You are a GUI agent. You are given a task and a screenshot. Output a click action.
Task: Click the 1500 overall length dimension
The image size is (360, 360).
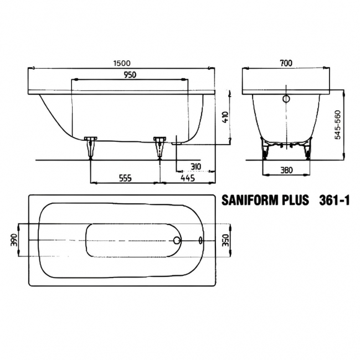[120, 64]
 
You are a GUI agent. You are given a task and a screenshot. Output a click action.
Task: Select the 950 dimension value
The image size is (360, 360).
[130, 75]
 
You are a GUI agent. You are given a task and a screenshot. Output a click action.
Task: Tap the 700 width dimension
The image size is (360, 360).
[286, 63]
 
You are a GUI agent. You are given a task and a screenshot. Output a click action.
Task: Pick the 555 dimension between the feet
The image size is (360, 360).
[125, 178]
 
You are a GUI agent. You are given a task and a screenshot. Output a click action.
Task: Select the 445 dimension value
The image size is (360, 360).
[189, 178]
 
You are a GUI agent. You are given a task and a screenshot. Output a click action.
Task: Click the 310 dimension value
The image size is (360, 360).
[194, 166]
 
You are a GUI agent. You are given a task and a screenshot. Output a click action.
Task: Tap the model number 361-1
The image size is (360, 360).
[335, 200]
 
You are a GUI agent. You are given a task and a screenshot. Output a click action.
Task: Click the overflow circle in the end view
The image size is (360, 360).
[286, 99]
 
